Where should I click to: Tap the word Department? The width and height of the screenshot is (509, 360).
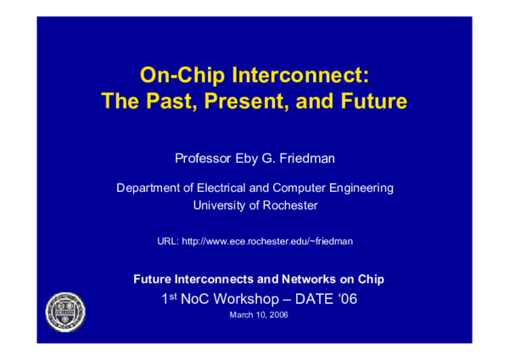[148, 188]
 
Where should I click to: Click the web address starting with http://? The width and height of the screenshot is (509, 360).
[266, 242]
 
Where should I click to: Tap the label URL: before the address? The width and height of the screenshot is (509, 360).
[167, 242]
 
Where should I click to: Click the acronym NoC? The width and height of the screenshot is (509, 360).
[200, 298]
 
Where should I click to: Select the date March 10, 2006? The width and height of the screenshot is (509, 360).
[255, 315]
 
